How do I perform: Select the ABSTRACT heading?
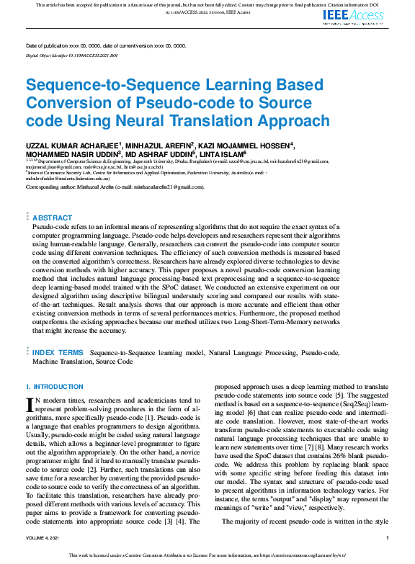tap(53, 218)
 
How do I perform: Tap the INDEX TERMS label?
tap(58, 352)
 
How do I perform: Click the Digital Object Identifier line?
tap(73, 55)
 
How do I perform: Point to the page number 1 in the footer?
tap(388, 538)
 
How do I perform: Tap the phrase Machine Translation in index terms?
tap(58, 361)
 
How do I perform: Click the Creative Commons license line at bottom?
tap(207, 555)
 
